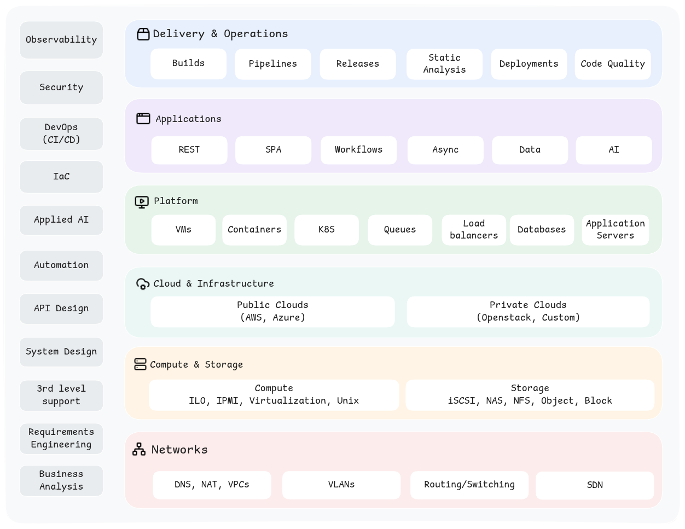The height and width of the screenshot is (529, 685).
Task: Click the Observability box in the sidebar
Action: point(61,40)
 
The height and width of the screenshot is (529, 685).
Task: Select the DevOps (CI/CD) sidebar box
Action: point(61,133)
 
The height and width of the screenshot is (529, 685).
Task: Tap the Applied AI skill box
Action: point(61,220)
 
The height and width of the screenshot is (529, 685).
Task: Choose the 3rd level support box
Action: point(61,395)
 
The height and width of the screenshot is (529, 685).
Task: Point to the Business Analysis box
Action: point(61,480)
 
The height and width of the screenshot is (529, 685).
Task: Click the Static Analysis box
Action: point(444,64)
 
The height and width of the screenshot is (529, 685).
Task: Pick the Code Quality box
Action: point(613,64)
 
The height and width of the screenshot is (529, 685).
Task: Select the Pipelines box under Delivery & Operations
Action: point(272,64)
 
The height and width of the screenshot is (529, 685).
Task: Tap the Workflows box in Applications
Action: point(358,150)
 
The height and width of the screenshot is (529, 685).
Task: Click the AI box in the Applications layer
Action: point(614,150)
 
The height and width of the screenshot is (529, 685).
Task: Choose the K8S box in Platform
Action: point(327,230)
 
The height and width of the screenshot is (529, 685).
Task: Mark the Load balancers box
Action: point(474,230)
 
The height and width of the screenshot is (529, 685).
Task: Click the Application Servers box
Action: point(615,230)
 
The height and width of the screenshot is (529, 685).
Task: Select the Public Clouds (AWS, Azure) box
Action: point(272,311)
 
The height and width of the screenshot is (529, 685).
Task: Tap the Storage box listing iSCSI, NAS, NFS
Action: point(530,394)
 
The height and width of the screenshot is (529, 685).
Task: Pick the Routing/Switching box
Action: point(469,485)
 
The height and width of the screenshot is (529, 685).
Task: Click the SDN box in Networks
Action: point(595,485)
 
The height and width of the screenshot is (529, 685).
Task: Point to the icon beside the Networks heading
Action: point(139,449)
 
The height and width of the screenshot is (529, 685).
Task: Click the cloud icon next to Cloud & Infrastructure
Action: point(142,284)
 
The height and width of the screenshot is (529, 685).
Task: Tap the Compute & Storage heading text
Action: point(196,365)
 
